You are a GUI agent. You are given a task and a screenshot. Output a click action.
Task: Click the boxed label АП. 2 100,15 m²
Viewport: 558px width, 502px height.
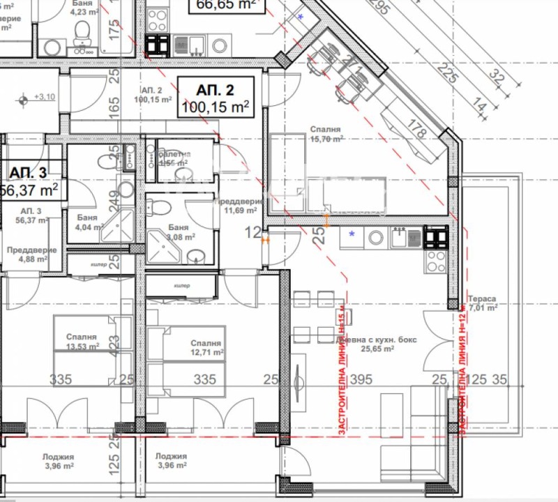215,98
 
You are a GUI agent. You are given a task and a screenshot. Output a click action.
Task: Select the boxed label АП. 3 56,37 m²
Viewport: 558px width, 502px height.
29,181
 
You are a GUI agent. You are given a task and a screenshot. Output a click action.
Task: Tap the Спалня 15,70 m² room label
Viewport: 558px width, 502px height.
326,134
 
